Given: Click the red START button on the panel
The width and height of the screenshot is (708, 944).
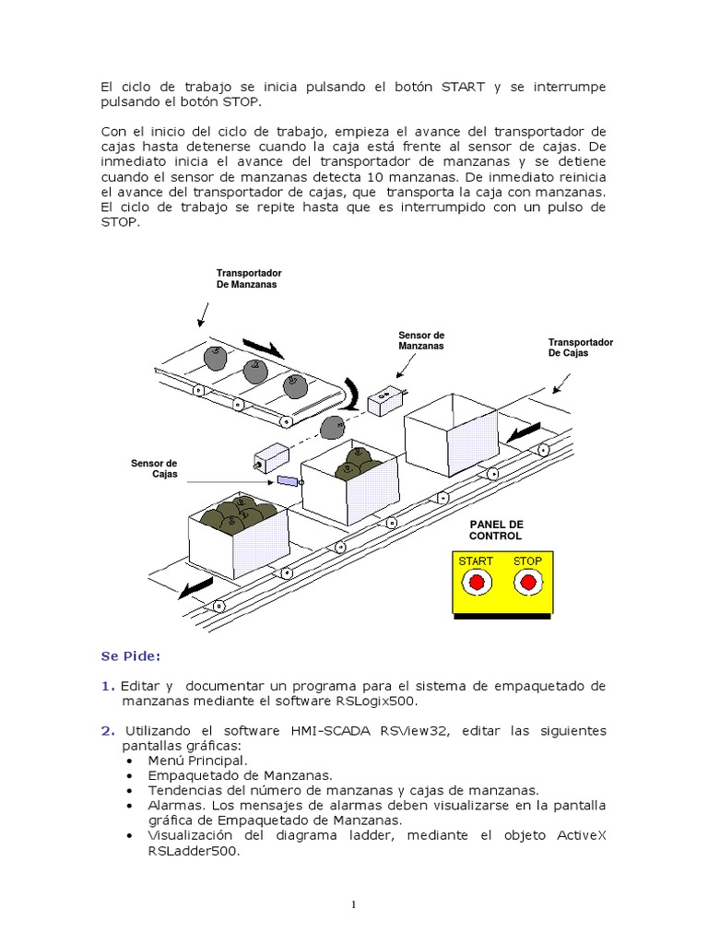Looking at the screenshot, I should click(x=477, y=583).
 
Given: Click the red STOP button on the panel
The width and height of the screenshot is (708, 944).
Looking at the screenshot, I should click(x=527, y=583).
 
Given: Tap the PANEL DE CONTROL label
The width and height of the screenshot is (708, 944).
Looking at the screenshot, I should click(x=495, y=530).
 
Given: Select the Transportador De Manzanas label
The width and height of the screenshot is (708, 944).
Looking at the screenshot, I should click(x=249, y=279).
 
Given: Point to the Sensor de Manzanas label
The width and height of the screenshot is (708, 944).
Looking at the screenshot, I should click(x=421, y=340).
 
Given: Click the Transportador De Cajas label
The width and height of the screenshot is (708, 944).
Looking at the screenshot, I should click(x=581, y=348).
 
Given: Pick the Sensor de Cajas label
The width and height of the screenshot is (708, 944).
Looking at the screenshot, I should click(x=154, y=468).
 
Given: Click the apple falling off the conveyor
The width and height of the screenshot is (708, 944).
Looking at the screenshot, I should click(x=332, y=427).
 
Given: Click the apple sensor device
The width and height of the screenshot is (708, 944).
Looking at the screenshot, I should click(x=386, y=401).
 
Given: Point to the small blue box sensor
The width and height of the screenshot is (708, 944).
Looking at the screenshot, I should click(x=288, y=481).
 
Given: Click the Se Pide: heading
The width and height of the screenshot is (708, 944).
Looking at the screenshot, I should click(x=130, y=656).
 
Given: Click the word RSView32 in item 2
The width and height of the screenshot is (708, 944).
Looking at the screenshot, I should click(x=411, y=731).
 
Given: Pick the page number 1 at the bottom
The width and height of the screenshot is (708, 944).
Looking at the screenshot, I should click(x=353, y=905).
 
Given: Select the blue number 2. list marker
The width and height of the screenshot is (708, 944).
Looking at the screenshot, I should click(x=107, y=731).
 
